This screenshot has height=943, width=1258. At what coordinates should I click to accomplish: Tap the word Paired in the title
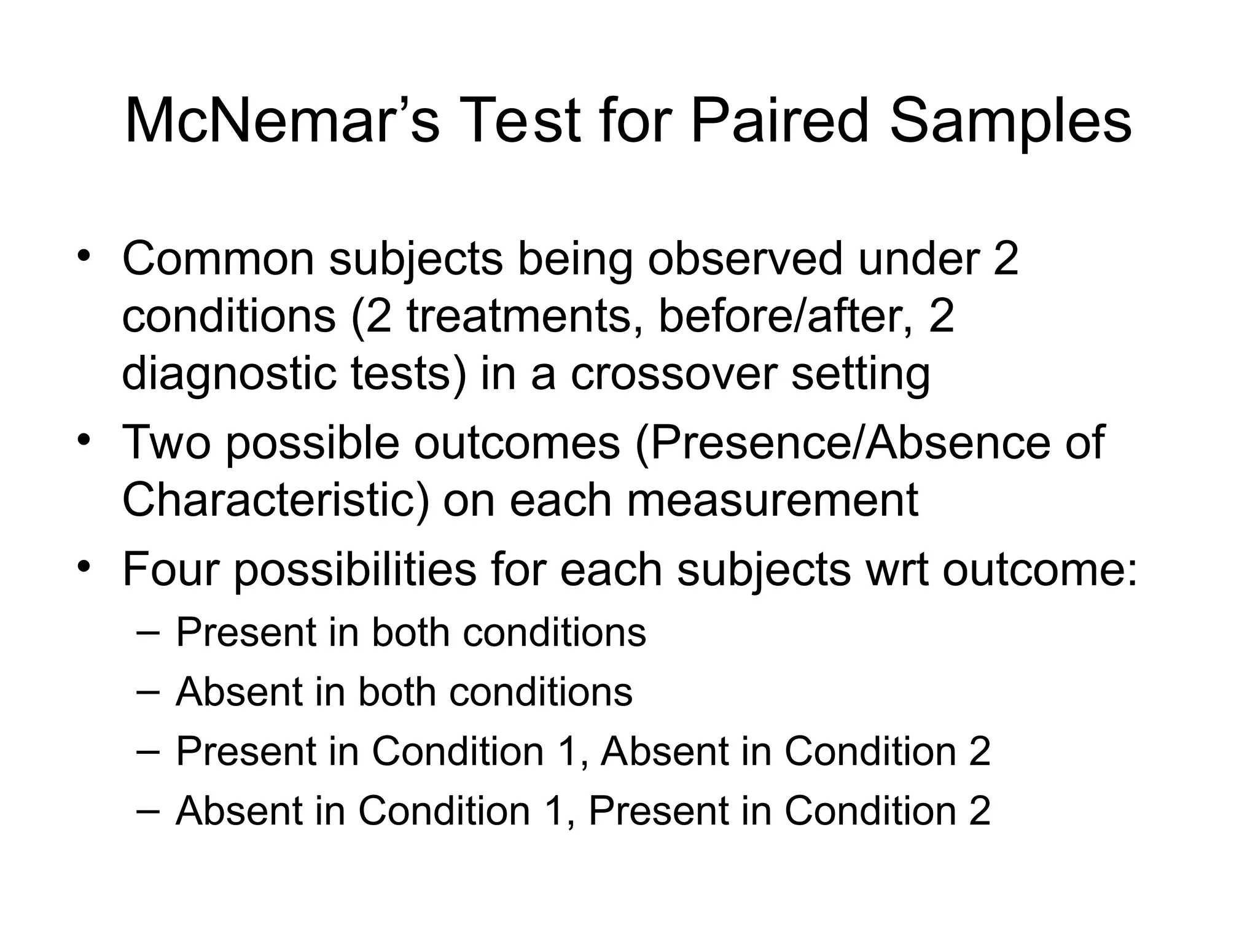[779, 121]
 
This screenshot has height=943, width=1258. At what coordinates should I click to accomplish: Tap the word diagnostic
[229, 374]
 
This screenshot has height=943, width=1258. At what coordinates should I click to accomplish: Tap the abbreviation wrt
[896, 569]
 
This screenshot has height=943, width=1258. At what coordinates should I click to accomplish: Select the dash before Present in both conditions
[148, 632]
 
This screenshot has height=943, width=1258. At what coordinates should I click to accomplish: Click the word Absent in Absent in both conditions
[238, 692]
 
